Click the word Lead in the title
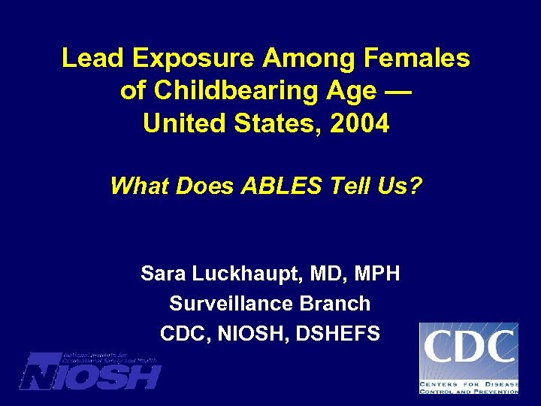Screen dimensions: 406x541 (86, 59)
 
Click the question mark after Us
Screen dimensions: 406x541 (418, 185)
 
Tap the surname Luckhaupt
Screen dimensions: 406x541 (246, 274)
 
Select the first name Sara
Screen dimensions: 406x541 (163, 274)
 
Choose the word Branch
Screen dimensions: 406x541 (335, 304)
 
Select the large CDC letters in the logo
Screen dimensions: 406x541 (469, 347)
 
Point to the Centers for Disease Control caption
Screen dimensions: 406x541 (469, 386)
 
